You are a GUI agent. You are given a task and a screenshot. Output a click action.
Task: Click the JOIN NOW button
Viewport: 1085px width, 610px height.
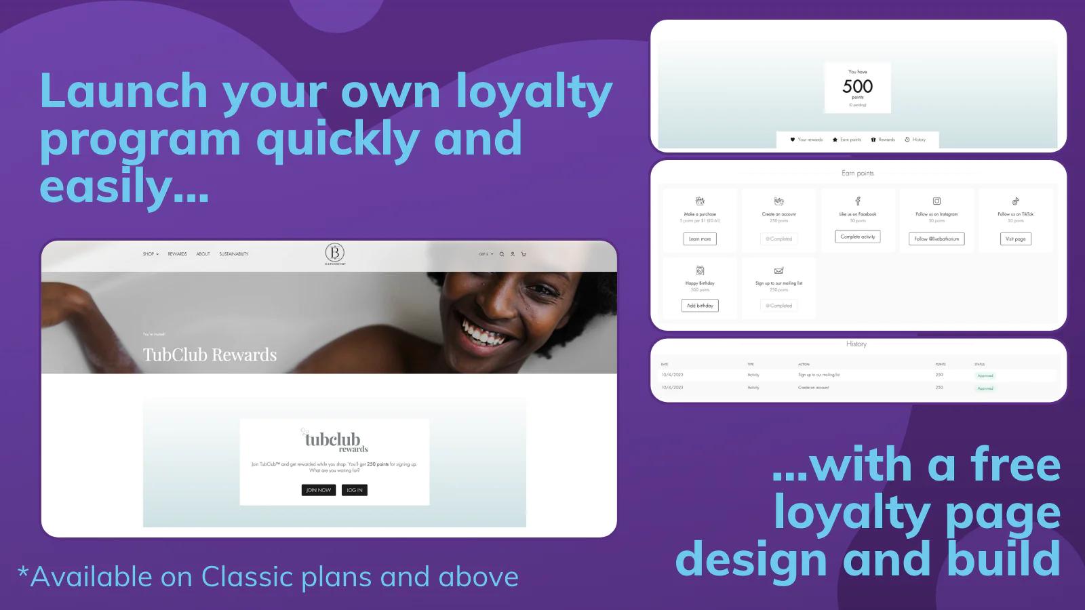(x=319, y=490)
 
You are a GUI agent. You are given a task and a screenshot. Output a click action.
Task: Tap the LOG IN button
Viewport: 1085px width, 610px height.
(x=354, y=490)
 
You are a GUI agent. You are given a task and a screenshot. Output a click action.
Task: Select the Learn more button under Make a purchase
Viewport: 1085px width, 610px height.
(x=700, y=239)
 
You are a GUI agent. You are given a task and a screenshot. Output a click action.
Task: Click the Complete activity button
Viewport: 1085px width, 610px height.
(x=858, y=237)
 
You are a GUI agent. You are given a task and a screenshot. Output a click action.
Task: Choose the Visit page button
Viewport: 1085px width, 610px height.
(x=1015, y=239)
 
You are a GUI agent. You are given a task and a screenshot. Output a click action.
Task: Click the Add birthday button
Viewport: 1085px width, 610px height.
(x=700, y=306)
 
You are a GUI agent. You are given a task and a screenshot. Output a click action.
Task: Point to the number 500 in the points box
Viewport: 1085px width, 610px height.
(x=857, y=87)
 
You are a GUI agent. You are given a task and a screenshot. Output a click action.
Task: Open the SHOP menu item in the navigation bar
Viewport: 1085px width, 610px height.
(x=150, y=254)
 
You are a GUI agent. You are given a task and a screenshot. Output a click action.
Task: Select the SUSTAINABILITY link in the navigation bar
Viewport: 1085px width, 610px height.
(x=233, y=254)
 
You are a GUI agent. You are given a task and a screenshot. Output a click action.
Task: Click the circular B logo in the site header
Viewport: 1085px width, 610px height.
(x=334, y=252)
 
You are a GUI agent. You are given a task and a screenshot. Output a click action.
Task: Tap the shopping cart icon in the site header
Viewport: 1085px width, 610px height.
(x=524, y=254)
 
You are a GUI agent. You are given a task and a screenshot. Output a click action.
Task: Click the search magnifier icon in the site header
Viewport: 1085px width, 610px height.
(x=502, y=254)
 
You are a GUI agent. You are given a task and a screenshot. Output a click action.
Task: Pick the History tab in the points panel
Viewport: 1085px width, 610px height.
(x=915, y=140)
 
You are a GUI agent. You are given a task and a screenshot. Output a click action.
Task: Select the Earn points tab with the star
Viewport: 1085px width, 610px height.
(x=847, y=140)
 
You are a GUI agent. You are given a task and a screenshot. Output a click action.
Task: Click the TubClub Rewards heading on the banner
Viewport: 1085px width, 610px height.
(x=210, y=354)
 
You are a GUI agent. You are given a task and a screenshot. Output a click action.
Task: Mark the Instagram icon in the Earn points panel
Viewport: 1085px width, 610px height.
(x=936, y=201)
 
